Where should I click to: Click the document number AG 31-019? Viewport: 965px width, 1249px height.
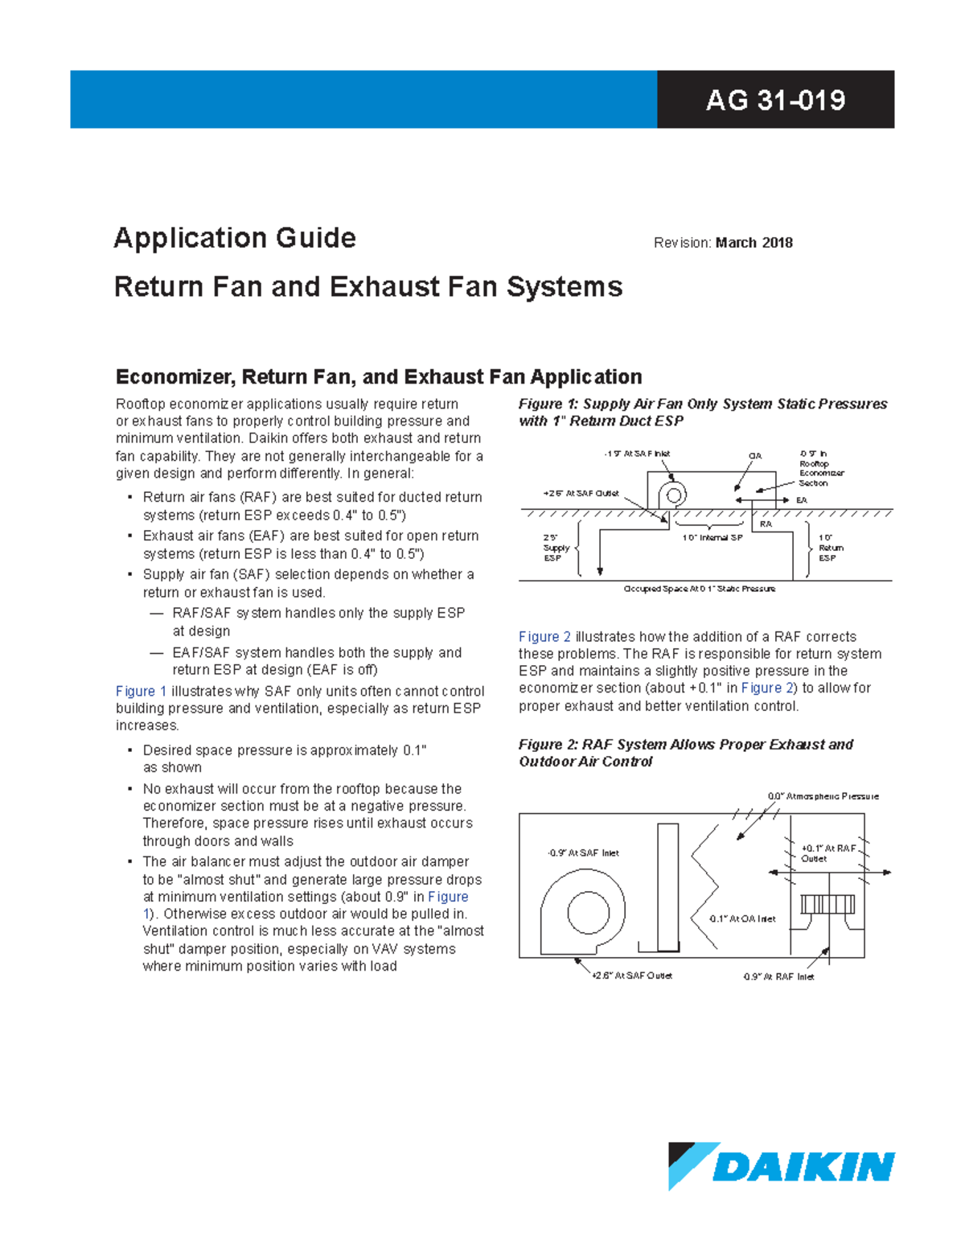775,100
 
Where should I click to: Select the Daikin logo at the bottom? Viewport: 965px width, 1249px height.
781,1165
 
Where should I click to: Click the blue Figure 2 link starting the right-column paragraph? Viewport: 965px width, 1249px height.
544,636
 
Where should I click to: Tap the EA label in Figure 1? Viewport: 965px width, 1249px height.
801,500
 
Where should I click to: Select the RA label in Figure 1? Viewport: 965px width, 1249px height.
766,524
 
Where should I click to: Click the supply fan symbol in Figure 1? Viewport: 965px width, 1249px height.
673,495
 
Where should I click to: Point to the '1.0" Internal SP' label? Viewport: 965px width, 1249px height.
712,538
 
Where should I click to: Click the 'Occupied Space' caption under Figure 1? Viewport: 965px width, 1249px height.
699,589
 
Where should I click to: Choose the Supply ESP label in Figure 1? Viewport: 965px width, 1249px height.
556,548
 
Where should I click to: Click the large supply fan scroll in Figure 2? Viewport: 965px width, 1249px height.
582,912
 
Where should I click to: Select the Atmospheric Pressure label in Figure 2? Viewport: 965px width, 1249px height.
823,796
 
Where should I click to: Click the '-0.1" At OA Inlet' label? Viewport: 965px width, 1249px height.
741,918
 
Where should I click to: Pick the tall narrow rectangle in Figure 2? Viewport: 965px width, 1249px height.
668,885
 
